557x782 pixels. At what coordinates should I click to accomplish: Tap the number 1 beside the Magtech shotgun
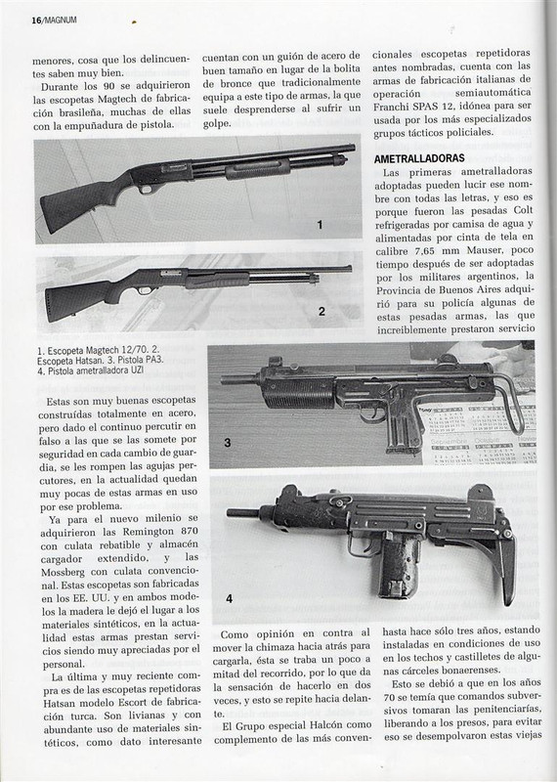(x=320, y=225)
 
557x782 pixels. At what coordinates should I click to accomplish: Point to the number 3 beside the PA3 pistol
(x=227, y=443)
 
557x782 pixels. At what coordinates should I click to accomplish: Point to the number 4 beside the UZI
(x=229, y=599)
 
